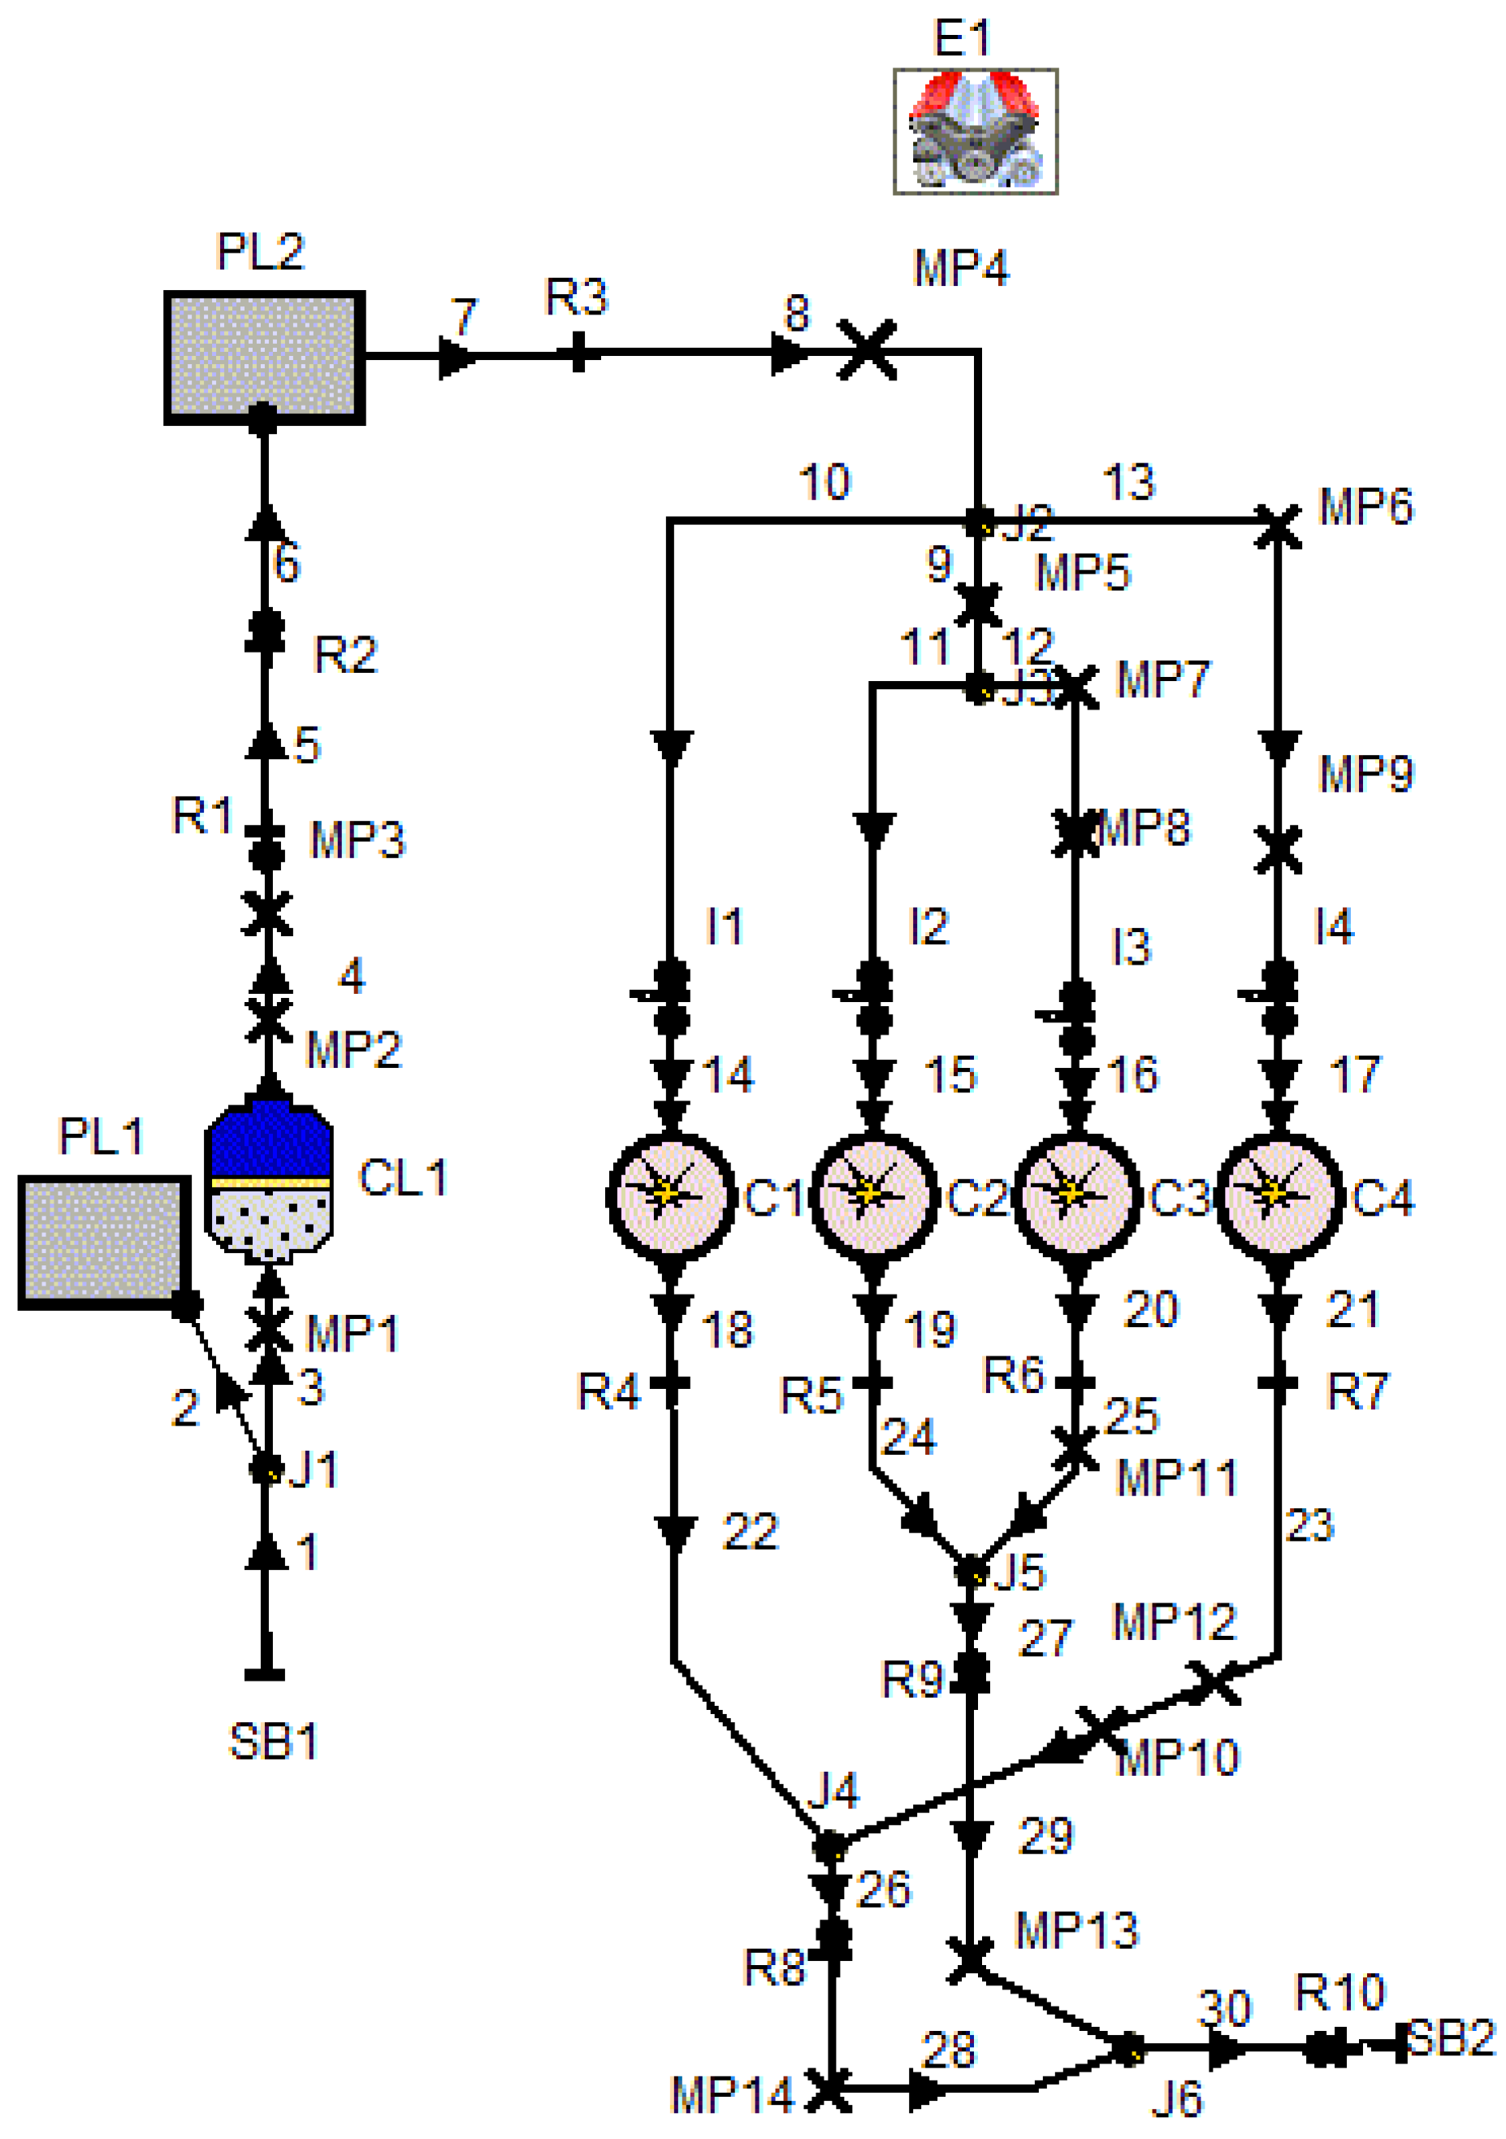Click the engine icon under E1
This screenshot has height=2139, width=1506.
[x=974, y=132]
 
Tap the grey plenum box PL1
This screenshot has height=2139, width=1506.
[x=103, y=1242]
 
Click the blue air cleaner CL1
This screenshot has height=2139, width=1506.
[x=268, y=1182]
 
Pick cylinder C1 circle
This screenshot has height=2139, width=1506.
[x=671, y=1195]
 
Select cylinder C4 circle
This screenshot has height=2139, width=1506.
[x=1279, y=1195]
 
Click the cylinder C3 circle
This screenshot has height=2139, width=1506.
[x=1075, y=1195]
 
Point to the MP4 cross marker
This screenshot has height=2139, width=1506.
[x=866, y=350]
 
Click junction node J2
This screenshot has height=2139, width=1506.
[x=978, y=522]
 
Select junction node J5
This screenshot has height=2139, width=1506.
[x=971, y=1573]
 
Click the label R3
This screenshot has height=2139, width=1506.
[x=576, y=298]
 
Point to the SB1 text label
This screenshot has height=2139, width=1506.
[x=273, y=1742]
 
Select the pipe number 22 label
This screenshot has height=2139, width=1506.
[x=750, y=1533]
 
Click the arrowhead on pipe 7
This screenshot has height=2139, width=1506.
[x=456, y=356]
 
